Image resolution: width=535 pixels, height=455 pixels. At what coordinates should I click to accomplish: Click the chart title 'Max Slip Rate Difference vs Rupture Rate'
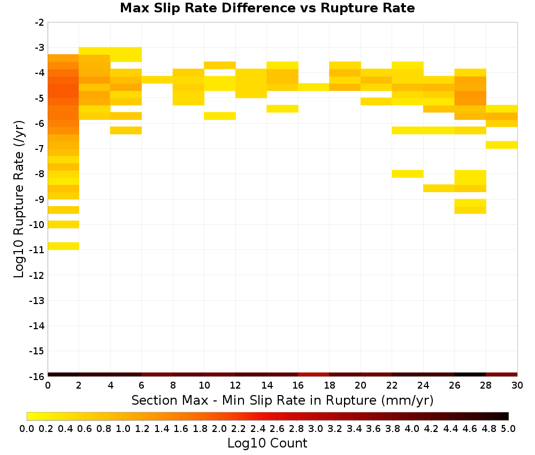coord(267,8)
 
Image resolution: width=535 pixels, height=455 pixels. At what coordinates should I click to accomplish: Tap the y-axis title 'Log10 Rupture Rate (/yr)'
coord(19,199)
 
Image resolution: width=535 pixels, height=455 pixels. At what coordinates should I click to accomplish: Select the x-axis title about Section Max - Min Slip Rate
coord(282,400)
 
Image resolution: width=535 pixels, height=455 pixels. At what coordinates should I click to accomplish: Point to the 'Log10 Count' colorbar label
coord(267,443)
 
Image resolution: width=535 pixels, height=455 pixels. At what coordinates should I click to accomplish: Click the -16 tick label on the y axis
coord(37,376)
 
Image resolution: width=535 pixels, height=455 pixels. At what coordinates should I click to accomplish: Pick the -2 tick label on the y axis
coord(39,22)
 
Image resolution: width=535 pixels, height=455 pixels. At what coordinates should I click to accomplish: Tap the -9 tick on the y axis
coord(39,199)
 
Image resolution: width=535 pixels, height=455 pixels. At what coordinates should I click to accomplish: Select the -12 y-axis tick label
coord(37,275)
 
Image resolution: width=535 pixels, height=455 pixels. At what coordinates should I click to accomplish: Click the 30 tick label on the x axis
coord(517,386)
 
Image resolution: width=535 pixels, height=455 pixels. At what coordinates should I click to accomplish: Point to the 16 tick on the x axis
coord(298,386)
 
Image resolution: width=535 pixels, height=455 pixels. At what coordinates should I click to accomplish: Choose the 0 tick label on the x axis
coord(48,386)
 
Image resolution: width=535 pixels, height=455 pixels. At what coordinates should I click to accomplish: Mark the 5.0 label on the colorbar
coord(508,428)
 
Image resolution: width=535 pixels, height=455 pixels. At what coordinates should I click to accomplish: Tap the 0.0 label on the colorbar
coord(27,428)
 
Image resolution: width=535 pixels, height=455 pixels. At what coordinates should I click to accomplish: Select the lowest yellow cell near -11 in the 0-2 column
coord(64,246)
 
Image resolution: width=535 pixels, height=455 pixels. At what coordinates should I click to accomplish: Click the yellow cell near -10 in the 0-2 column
coord(64,224)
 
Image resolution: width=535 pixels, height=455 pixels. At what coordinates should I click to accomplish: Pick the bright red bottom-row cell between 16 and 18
coord(314,375)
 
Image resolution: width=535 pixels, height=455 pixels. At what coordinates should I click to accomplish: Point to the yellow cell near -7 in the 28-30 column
coord(502,145)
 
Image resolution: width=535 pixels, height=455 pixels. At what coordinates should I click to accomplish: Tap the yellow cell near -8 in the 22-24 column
coord(408,174)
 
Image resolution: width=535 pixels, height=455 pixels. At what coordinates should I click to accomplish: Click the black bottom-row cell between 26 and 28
coord(470,375)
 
